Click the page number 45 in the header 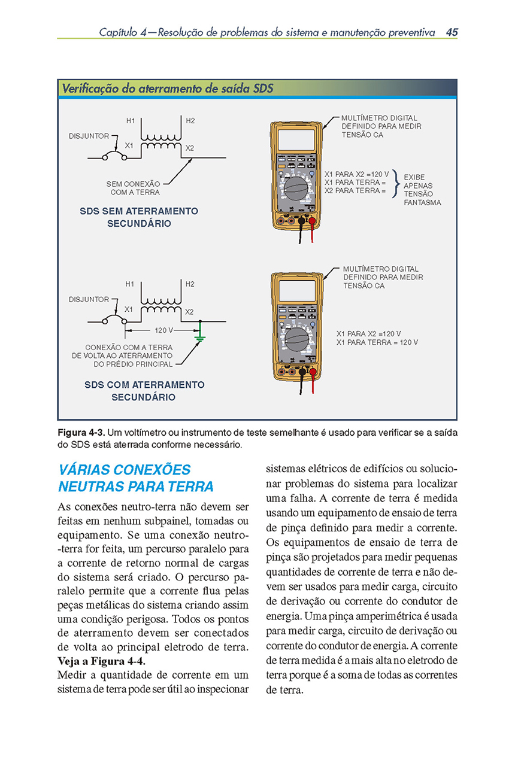[x=452, y=32]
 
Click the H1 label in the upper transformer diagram [x=131, y=121]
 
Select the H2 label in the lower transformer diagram [x=190, y=284]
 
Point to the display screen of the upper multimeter [x=296, y=140]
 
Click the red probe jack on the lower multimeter [x=312, y=371]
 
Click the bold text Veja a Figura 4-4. [x=101, y=661]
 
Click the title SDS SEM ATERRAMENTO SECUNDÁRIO [x=139, y=217]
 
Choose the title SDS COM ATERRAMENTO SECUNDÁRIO [x=143, y=391]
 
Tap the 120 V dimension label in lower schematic [x=163, y=330]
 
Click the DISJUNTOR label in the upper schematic [x=89, y=136]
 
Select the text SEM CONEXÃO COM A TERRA [x=134, y=188]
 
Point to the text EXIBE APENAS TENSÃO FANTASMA [x=422, y=190]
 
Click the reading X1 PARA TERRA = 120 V [x=377, y=342]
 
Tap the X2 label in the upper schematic [x=190, y=148]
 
